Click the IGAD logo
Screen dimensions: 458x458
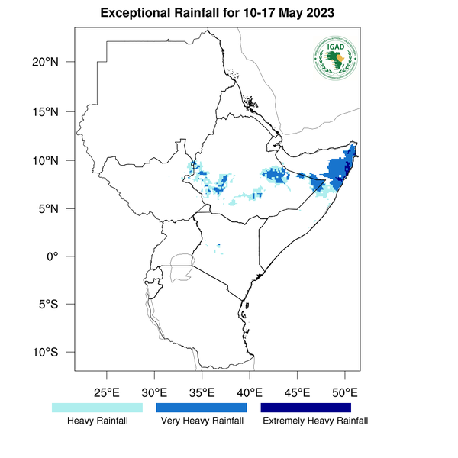coord(336,58)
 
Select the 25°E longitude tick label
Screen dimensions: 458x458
coord(106,393)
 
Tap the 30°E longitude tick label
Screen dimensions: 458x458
coord(154,393)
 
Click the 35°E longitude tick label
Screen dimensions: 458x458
coord(202,393)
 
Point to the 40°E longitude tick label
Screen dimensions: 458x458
coord(250,393)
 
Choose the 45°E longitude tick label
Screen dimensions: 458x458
coord(297,393)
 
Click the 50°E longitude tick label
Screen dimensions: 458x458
coord(345,393)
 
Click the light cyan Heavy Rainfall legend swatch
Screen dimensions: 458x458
coord(97,408)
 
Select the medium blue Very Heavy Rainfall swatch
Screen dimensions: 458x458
coord(202,408)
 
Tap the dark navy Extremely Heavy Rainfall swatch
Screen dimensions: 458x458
coord(306,408)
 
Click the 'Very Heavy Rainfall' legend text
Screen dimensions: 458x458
coord(202,421)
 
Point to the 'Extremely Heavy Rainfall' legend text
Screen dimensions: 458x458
coord(314,421)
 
